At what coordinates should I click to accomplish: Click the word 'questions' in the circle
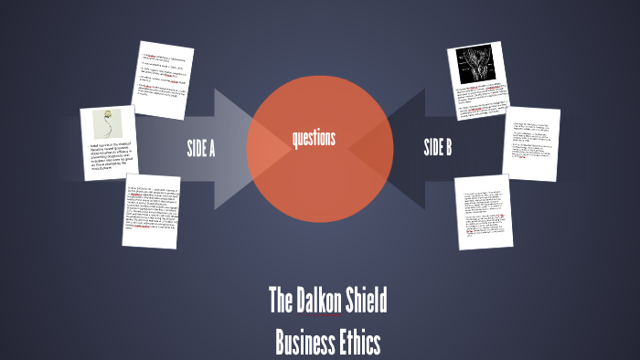tap(314, 139)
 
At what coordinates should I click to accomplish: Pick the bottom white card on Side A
tap(151, 211)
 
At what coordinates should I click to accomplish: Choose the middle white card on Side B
tap(530, 144)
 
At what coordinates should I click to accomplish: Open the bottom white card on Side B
tap(484, 212)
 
